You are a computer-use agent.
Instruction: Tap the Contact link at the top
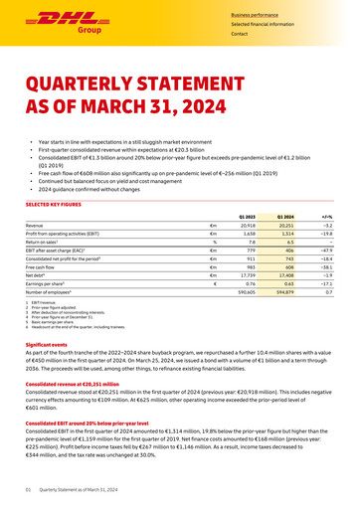tap(239, 34)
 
